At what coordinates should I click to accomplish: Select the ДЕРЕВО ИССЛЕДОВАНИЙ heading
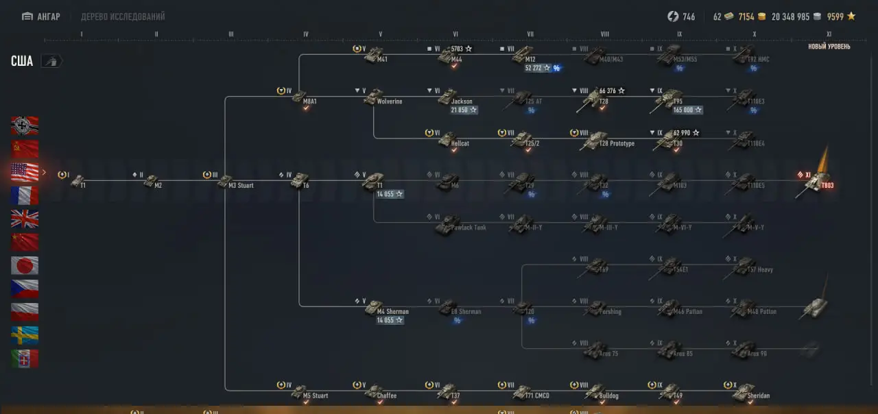[x=123, y=16]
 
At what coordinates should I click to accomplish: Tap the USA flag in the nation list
[x=25, y=172]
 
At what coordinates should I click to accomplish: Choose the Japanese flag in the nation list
[x=25, y=265]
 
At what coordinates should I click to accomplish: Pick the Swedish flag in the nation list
[x=25, y=335]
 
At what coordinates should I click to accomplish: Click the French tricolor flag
[x=25, y=195]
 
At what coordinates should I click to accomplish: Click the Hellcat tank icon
[x=448, y=140]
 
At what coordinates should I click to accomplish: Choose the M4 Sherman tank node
[x=374, y=307]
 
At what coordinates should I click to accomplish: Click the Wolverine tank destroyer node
[x=374, y=97]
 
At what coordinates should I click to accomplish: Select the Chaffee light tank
[x=374, y=391]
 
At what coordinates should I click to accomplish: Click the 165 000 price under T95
[x=687, y=110]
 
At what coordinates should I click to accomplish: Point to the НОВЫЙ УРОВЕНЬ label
[x=829, y=47]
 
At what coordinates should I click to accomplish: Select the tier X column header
[x=754, y=34]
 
